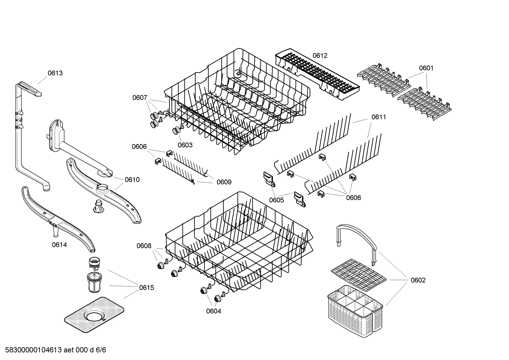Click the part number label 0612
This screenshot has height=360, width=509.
pyautogui.click(x=320, y=55)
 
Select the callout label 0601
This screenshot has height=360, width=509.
pyautogui.click(x=426, y=68)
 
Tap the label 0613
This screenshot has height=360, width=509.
pyautogui.click(x=55, y=73)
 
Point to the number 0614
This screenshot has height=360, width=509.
pyautogui.click(x=59, y=244)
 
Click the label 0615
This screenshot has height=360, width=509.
pyautogui.click(x=146, y=288)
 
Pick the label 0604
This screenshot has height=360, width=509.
pyautogui.click(x=214, y=311)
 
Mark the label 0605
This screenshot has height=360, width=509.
pyautogui.click(x=276, y=200)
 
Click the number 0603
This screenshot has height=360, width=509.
pyautogui.click(x=185, y=145)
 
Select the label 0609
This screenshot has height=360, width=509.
pyautogui.click(x=224, y=182)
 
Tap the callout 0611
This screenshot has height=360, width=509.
pyautogui.click(x=378, y=117)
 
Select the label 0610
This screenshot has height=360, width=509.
pyautogui.click(x=132, y=179)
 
